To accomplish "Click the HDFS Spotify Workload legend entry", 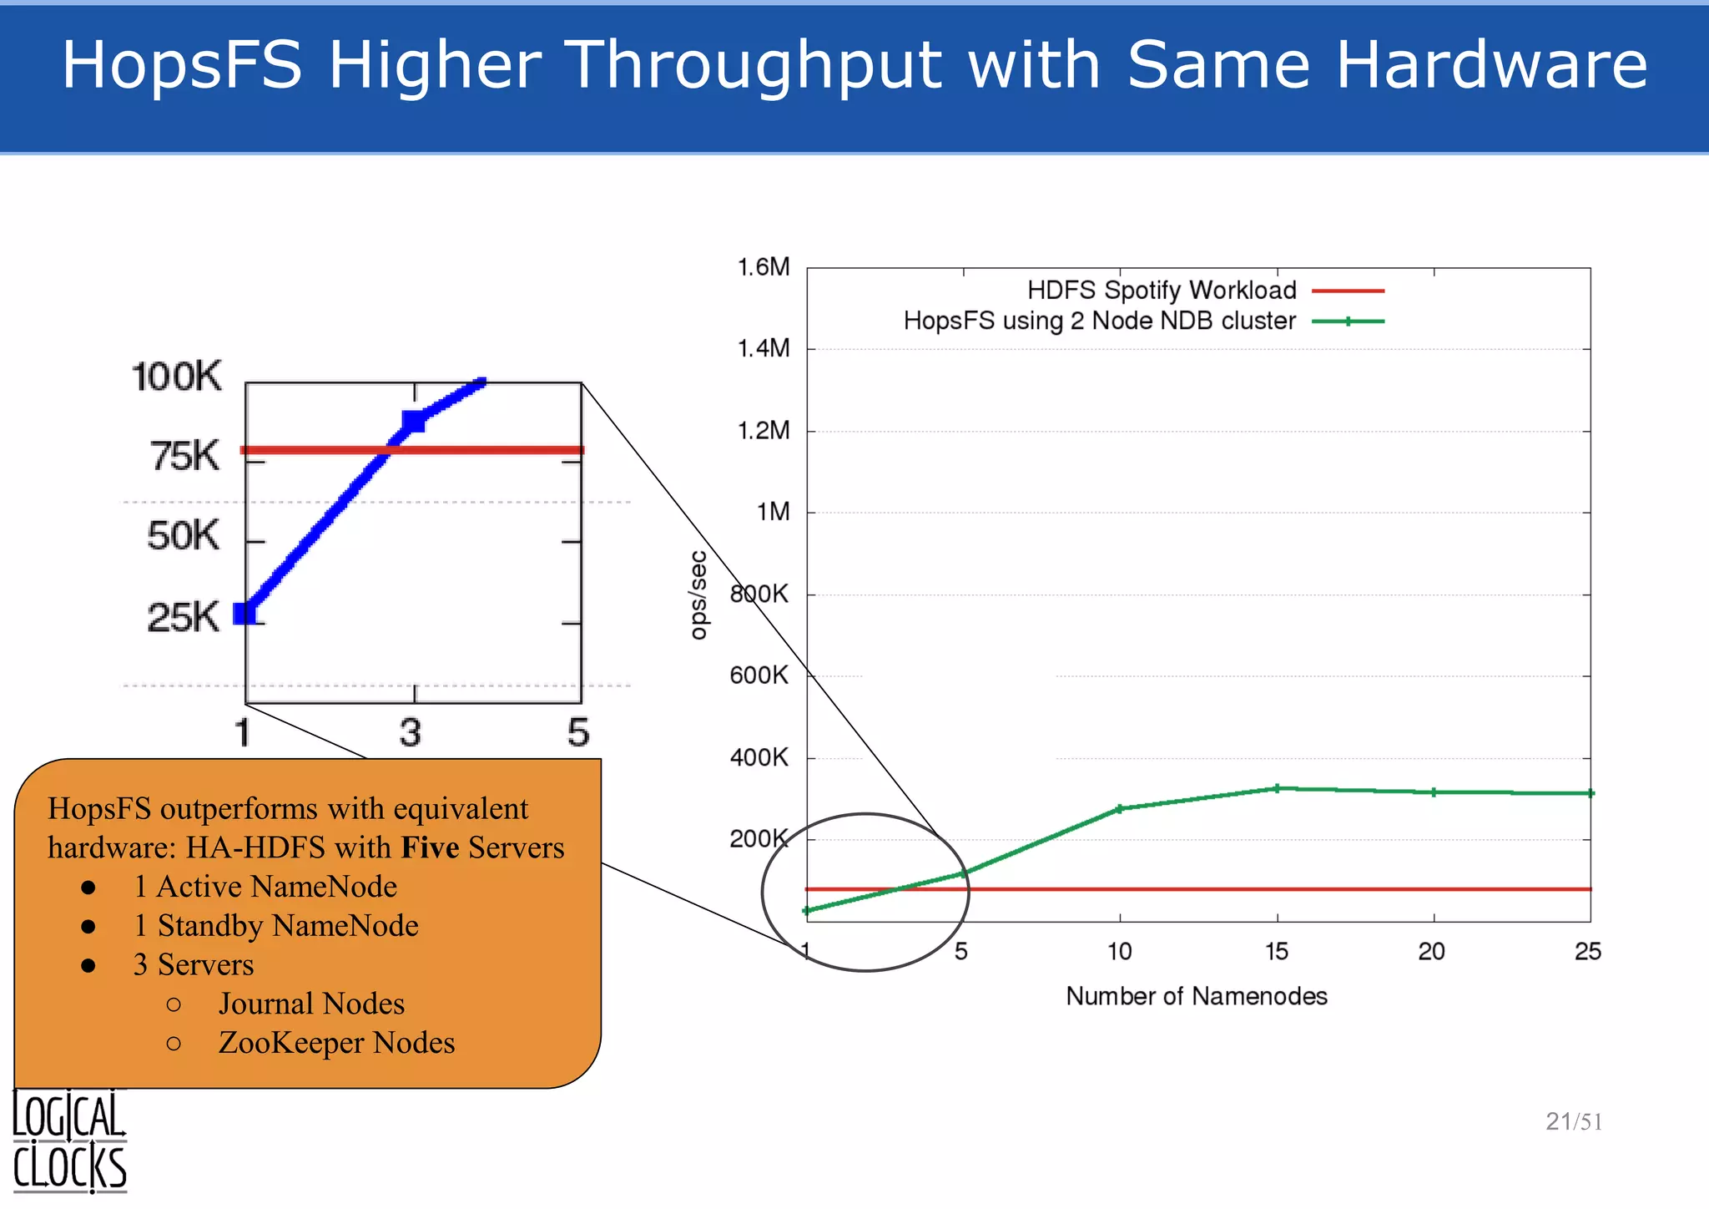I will pyautogui.click(x=1162, y=291).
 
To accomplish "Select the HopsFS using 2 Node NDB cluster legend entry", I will pyautogui.click(x=1099, y=321).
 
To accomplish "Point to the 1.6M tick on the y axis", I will pyautogui.click(x=763, y=267).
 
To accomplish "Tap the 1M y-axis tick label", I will pyautogui.click(x=773, y=512).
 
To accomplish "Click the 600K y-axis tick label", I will pyautogui.click(x=759, y=675).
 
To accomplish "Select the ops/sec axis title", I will pyautogui.click(x=698, y=595).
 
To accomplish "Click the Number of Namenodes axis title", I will pyautogui.click(x=1196, y=996).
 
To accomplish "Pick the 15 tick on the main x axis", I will pyautogui.click(x=1276, y=952).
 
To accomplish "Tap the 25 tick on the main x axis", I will pyautogui.click(x=1587, y=952).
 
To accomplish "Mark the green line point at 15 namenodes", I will pyautogui.click(x=1277, y=788).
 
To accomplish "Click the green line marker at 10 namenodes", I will pyautogui.click(x=1120, y=808).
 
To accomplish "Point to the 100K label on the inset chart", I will pyautogui.click(x=177, y=377).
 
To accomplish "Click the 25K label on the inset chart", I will pyautogui.click(x=183, y=618).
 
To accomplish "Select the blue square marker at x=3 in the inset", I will pyautogui.click(x=413, y=421).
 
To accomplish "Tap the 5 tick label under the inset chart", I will pyautogui.click(x=578, y=733).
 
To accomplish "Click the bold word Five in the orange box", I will pyautogui.click(x=430, y=847).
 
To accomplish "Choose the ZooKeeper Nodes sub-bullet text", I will pyautogui.click(x=336, y=1043).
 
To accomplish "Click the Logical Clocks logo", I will pyautogui.click(x=69, y=1141).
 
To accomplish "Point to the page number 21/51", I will pyautogui.click(x=1573, y=1121).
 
